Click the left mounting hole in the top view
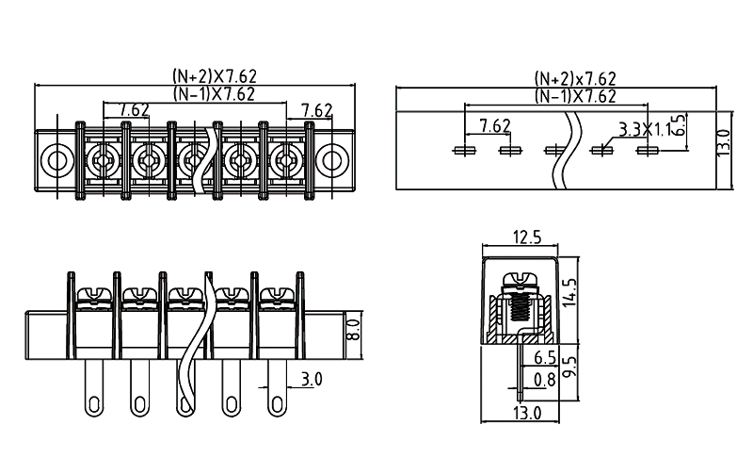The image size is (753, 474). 56,159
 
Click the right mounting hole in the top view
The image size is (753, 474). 331,159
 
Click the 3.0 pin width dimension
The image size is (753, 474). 312,380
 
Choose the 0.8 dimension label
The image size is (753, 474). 545,380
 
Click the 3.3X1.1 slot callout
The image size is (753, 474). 646,129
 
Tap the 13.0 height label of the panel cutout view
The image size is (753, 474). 723,146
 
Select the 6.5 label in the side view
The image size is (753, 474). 545,358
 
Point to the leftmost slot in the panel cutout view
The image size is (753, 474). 464,150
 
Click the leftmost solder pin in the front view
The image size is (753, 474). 95,389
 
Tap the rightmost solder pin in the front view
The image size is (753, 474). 278,389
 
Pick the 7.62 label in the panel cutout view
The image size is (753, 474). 495,125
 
